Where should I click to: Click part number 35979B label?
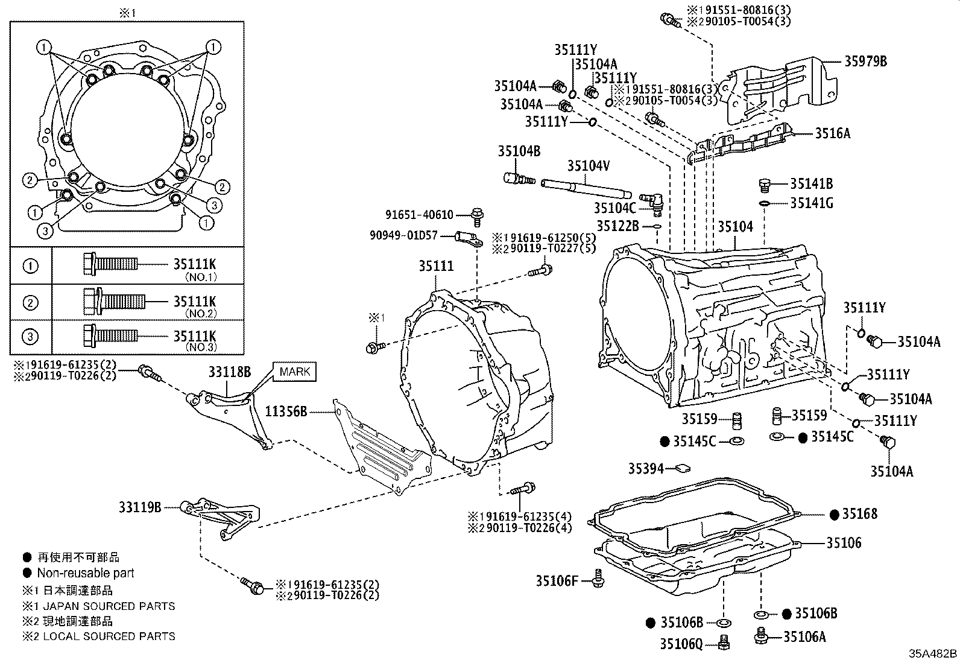point(865,61)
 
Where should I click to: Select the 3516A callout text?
point(832,133)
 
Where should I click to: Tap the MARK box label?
point(295,372)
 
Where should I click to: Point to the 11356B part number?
point(286,411)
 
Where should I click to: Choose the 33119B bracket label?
point(140,507)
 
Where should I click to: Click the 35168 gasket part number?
point(859,514)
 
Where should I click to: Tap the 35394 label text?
point(646,468)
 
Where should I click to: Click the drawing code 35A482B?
point(933,654)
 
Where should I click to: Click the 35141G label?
point(812,203)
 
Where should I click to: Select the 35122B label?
point(617,226)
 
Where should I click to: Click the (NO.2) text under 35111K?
point(201,314)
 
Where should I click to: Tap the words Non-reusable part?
point(86,573)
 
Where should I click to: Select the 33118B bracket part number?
point(230,372)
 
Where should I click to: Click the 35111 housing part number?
point(437,266)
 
